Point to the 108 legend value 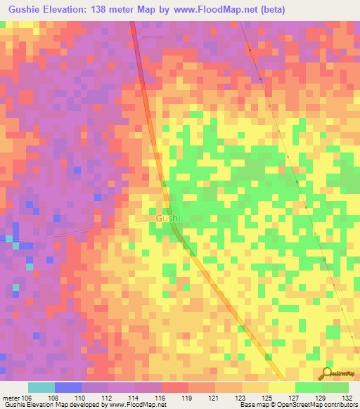pos(55,397)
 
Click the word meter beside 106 pos(11,397)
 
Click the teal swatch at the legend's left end pos(41,387)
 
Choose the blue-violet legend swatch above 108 pos(67,387)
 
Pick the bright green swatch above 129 pos(308,387)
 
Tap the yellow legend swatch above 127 pos(281,387)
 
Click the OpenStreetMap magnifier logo pos(327,374)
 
